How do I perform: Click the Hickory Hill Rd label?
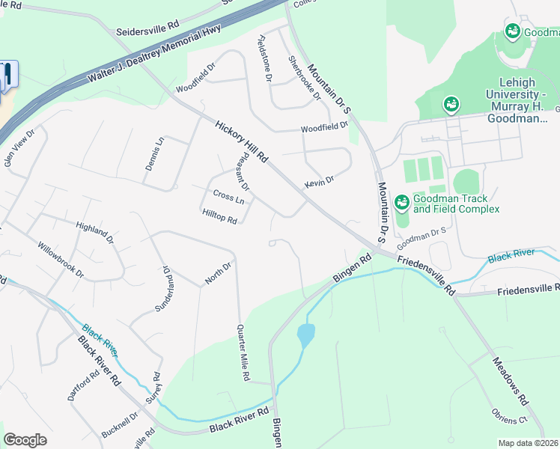click(241, 141)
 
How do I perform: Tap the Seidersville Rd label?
click(147, 32)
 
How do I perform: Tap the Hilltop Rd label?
click(219, 216)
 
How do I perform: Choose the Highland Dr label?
click(94, 230)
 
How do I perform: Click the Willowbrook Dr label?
click(61, 260)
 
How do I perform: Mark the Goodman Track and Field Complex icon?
click(401, 201)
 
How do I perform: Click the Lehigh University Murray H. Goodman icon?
click(451, 104)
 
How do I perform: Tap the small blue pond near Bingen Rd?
click(305, 334)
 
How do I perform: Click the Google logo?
click(25, 440)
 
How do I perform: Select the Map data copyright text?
click(529, 443)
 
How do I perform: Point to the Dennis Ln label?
click(154, 153)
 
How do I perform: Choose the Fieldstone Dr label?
click(265, 58)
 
